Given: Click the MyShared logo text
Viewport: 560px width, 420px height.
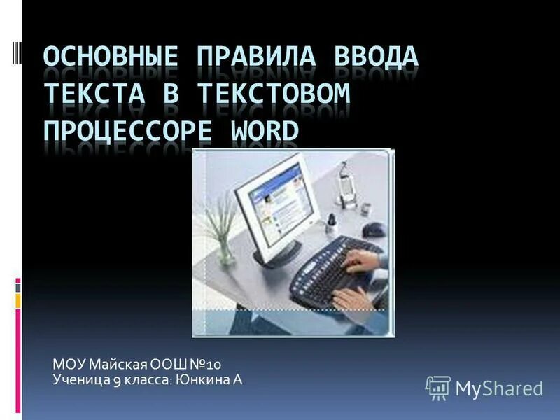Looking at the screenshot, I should [499, 388].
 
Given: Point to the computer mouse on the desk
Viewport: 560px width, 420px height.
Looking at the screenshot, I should [376, 229].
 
